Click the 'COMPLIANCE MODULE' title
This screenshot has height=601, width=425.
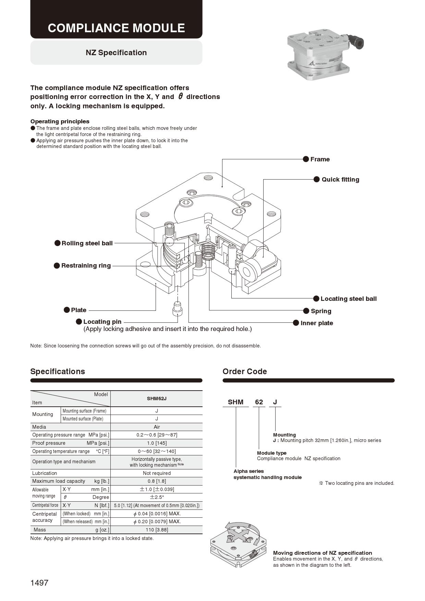(116, 28)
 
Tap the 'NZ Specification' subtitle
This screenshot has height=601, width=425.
(116, 52)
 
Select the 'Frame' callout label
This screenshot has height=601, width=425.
(320, 159)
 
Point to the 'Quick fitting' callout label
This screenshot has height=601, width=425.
(340, 180)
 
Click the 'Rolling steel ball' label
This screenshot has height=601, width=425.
(87, 243)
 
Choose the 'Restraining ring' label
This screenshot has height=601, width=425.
(86, 266)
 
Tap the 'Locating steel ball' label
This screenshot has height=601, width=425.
(348, 299)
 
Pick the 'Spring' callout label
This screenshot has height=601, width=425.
(321, 311)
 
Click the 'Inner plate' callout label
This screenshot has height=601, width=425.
(316, 323)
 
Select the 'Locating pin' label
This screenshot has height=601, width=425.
(102, 322)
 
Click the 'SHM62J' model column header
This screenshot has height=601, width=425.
(157, 398)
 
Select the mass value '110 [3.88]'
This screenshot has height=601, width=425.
(157, 530)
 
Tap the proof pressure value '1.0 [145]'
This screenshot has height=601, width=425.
(157, 443)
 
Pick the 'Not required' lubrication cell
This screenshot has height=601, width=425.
(157, 473)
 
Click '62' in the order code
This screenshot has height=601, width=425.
(259, 402)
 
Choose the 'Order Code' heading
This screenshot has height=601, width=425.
(244, 371)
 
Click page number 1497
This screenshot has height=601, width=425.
(39, 583)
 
